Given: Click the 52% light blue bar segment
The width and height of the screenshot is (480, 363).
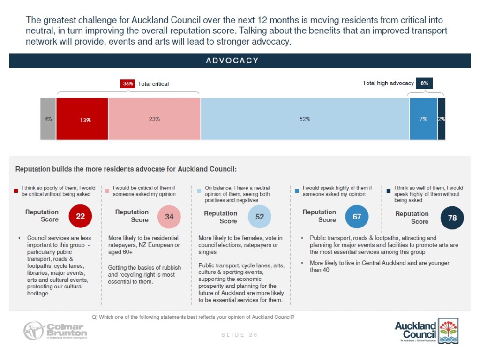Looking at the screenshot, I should (305, 119).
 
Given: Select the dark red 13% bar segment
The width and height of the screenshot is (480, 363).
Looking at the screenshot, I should (82, 119).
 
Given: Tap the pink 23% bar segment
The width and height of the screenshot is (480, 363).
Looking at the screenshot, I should (154, 119).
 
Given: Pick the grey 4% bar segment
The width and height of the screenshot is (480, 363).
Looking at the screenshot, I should (48, 119).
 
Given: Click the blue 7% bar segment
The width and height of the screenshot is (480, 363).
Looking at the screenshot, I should (423, 119).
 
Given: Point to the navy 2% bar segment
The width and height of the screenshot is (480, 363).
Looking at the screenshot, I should (442, 119).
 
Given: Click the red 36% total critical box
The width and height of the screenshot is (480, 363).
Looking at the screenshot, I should (128, 83).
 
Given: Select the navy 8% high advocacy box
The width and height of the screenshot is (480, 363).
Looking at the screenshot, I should (424, 83).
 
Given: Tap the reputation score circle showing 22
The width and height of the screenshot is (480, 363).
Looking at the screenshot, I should (80, 216).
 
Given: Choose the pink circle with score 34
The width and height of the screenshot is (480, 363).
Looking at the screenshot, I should (169, 216).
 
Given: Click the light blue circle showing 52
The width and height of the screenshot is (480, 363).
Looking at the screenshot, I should (259, 216).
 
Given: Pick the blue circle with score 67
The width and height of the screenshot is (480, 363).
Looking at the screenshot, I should (357, 216).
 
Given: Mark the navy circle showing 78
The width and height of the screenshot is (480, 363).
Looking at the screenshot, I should (452, 218).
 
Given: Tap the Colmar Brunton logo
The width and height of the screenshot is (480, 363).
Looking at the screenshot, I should (55, 330).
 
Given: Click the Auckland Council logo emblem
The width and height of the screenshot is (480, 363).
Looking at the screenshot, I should (448, 331).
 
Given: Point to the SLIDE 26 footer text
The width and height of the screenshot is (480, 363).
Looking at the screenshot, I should (239, 335).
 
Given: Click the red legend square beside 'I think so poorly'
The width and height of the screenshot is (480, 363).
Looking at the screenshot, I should (17, 190).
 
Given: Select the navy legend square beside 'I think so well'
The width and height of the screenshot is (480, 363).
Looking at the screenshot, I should (389, 190).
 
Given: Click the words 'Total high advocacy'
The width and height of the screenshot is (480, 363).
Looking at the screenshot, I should (388, 83).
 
